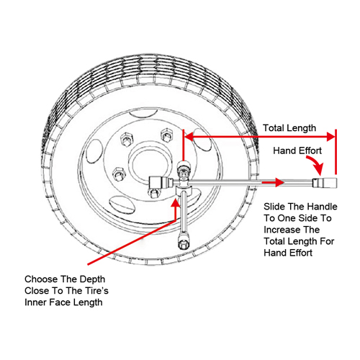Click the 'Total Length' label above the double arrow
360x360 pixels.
289,128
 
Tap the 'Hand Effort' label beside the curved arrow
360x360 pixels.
297,150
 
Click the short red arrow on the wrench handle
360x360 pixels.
273,182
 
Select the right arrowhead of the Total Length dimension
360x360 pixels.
330,137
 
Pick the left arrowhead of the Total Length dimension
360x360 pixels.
189,137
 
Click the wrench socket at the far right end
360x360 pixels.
325,183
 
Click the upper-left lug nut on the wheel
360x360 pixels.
127,139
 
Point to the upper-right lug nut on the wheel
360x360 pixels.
167,135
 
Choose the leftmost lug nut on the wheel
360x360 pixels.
119,174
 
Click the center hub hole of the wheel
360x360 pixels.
150,163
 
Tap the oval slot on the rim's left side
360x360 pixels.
94,151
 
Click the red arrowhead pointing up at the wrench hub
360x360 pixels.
176,203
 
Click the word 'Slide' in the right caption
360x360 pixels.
274,207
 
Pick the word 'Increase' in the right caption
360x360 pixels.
278,230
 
